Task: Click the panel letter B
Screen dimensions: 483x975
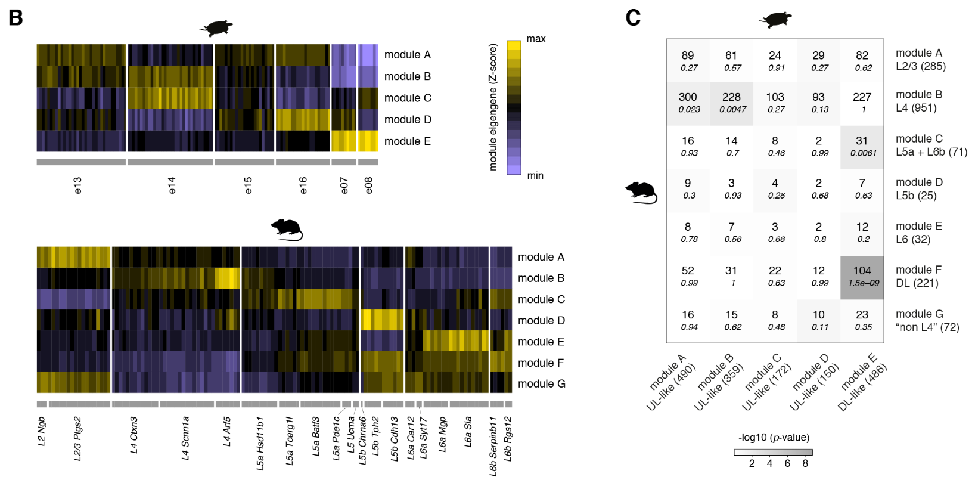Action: [x=15, y=18]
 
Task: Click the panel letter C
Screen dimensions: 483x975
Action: [x=633, y=18]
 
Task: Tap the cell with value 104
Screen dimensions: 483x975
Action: [x=862, y=277]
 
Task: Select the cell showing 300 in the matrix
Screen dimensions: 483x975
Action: [x=688, y=103]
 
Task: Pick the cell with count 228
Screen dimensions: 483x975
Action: [x=731, y=103]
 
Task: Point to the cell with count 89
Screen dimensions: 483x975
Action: [x=688, y=61]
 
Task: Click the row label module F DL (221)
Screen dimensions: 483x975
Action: [x=918, y=277]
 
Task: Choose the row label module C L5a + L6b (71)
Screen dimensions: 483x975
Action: [x=931, y=145]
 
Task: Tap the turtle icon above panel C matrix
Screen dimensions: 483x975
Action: [x=775, y=20]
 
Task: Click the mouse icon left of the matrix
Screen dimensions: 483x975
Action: [x=641, y=193]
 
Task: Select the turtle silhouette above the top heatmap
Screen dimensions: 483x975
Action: [x=216, y=27]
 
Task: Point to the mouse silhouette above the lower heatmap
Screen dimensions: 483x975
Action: [x=287, y=229]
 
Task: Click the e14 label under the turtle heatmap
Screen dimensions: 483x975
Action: [x=172, y=185]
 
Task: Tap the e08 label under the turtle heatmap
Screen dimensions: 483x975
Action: [x=368, y=185]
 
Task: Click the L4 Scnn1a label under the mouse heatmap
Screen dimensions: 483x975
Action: [x=186, y=438]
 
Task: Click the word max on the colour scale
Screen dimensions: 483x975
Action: [x=536, y=39]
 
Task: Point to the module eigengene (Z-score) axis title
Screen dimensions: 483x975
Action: [x=493, y=107]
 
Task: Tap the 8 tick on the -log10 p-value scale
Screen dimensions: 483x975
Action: [x=805, y=463]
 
